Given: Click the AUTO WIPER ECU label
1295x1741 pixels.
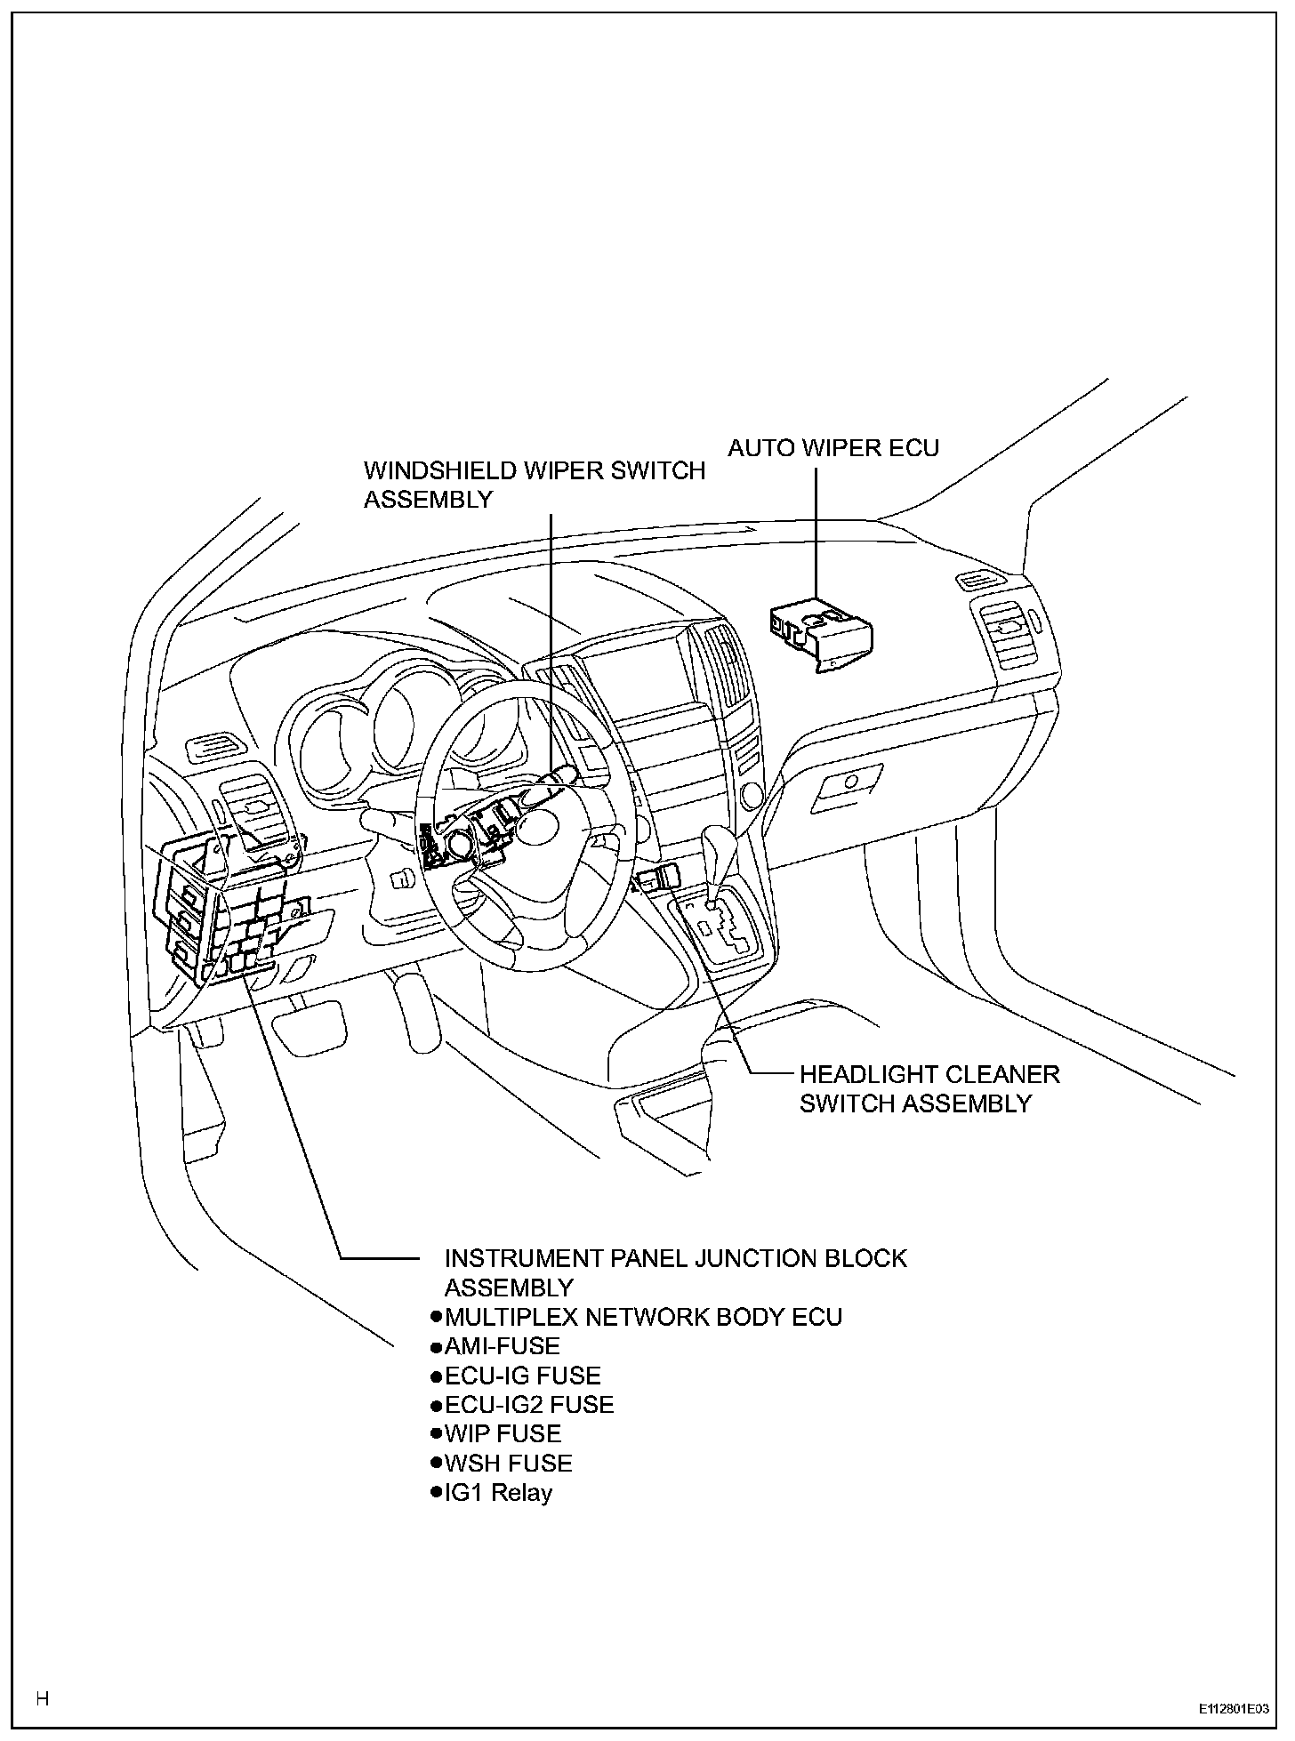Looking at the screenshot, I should pyautogui.click(x=832, y=447).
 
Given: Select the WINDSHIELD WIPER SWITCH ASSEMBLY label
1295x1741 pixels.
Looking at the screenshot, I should pyautogui.click(x=534, y=485).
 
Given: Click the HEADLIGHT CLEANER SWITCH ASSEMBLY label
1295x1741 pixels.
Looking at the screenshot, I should pyautogui.click(x=929, y=1089).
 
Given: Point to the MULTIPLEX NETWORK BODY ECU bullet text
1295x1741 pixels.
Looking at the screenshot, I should pyautogui.click(x=642, y=1317).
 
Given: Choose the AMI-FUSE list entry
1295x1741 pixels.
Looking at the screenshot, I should pyautogui.click(x=502, y=1346).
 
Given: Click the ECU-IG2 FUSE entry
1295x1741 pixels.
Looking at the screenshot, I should pyautogui.click(x=528, y=1405).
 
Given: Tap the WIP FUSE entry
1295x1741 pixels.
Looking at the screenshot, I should pyautogui.click(x=503, y=1434).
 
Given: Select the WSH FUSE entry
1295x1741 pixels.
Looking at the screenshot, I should pyautogui.click(x=508, y=1464).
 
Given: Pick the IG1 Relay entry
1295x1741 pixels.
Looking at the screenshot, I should pyautogui.click(x=498, y=1493).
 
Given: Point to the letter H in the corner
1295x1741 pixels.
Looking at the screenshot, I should pyautogui.click(x=42, y=1698).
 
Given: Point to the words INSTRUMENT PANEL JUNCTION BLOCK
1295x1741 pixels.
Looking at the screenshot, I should pyautogui.click(x=675, y=1258).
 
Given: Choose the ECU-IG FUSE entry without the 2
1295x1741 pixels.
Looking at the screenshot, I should pyautogui.click(x=522, y=1376).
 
